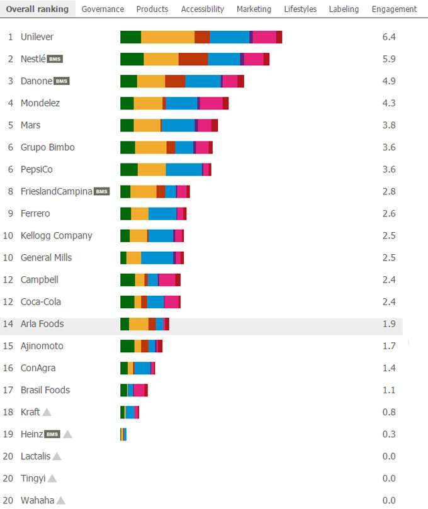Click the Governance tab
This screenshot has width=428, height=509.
coord(103,9)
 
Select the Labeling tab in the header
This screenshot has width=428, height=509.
coord(344,9)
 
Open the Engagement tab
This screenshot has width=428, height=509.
coord(394,9)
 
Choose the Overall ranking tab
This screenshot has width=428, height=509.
coord(37,9)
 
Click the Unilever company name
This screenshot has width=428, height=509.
coord(37,37)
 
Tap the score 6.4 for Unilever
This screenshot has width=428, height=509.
coord(388,37)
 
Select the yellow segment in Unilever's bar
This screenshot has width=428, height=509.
coord(167,37)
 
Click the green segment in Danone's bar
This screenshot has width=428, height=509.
coord(128,81)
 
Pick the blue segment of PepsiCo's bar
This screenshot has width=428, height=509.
coord(184,169)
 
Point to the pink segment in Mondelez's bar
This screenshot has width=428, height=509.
coord(211,103)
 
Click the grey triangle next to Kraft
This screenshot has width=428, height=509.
coord(47,412)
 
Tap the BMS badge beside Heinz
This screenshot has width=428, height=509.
coord(52,434)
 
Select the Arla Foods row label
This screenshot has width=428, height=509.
coord(42,324)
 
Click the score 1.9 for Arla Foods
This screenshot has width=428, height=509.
coord(388,324)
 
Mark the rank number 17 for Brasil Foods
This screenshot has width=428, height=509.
coord(8,390)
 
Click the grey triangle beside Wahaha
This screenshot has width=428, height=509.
coord(60,501)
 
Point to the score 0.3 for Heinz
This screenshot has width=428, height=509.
coord(388,434)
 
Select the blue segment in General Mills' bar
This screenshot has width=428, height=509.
coord(157,257)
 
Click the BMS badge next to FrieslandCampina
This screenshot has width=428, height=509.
coord(101,191)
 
